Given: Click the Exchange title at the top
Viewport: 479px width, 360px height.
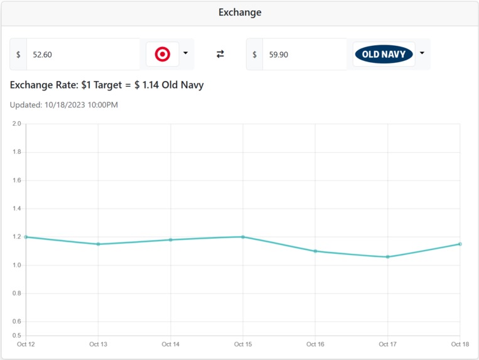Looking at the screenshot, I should pos(240,13).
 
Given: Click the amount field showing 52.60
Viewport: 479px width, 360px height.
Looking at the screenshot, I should pos(82,55).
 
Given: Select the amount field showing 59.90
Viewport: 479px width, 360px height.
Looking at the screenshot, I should pos(304,55).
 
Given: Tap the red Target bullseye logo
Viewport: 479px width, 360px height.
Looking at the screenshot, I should pos(163,55).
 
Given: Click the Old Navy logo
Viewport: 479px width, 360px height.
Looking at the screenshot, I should pos(384,55).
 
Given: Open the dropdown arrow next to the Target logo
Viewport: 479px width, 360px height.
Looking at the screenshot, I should pos(185,54).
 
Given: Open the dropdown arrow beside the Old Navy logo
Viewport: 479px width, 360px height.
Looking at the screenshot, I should pos(422,54).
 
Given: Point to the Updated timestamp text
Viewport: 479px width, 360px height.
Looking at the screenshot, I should pos(64,105).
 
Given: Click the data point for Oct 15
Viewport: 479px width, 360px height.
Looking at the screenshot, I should pos(243,237).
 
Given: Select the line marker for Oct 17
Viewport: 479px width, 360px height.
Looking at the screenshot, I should pos(387,256).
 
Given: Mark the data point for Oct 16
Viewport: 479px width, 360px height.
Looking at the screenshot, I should pos(315,251).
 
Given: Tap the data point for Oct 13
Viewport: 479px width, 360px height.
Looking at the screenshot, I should pos(98,244).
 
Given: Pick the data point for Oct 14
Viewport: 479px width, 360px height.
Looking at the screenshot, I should pos(171,239).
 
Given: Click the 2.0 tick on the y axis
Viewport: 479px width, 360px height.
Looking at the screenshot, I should pos(16,124).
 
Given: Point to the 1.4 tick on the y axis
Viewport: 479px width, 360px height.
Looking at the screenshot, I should pos(16,209).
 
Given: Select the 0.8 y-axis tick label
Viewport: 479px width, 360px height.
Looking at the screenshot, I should pos(16,293).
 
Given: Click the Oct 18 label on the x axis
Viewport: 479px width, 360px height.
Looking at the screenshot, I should pos(460,344).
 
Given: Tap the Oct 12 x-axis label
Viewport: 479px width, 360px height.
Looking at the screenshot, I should pos(26,344).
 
